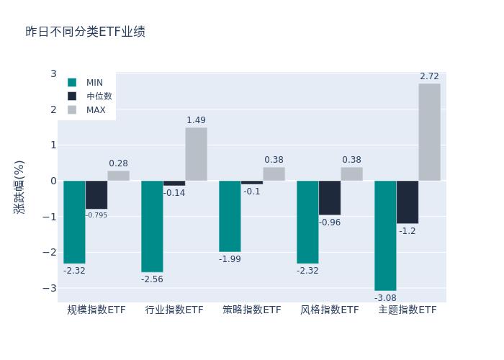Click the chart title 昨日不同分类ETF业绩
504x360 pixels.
coord(86,32)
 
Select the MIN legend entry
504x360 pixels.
coord(94,83)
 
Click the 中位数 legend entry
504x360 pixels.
coord(99,96)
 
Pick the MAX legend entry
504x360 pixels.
coord(96,110)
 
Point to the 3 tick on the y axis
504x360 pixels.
coord(53,74)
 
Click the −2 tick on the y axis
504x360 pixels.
coord(50,252)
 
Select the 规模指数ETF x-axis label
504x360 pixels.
coord(96,310)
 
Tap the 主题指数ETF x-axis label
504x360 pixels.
coord(408,310)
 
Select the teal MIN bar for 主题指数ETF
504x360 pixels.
coord(385,235)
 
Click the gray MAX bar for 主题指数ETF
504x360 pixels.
coord(429,132)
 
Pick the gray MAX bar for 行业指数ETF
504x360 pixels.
coord(196,154)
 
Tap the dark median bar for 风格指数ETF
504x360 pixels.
coord(330,198)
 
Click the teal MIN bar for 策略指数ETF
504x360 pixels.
coord(230,216)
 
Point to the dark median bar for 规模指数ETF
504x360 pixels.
coord(96,194)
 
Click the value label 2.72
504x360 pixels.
coord(429,76)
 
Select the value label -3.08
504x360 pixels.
coord(385,298)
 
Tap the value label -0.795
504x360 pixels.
coord(96,215)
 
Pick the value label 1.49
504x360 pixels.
coord(196,120)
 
